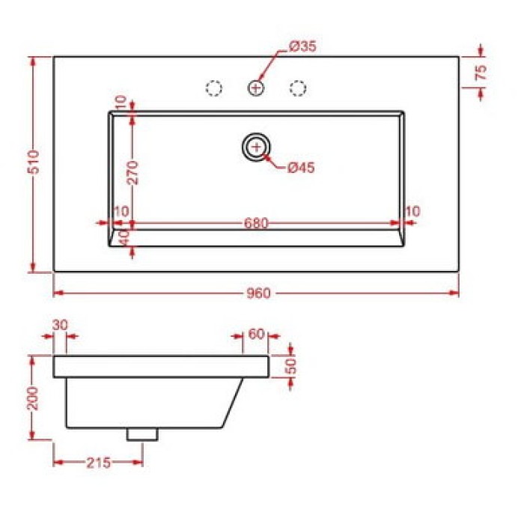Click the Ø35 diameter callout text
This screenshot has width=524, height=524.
point(302,46)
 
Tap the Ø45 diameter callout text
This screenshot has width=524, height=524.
point(301,168)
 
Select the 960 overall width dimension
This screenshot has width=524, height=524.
point(258,293)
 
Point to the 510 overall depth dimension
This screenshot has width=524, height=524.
point(34,162)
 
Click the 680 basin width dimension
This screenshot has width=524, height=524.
point(256,223)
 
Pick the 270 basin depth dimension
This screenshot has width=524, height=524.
point(132,172)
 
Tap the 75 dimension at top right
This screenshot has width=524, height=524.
point(481,72)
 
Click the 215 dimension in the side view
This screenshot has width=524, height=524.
point(98,463)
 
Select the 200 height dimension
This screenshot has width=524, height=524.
point(33,398)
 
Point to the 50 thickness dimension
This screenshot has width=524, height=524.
point(290,366)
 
